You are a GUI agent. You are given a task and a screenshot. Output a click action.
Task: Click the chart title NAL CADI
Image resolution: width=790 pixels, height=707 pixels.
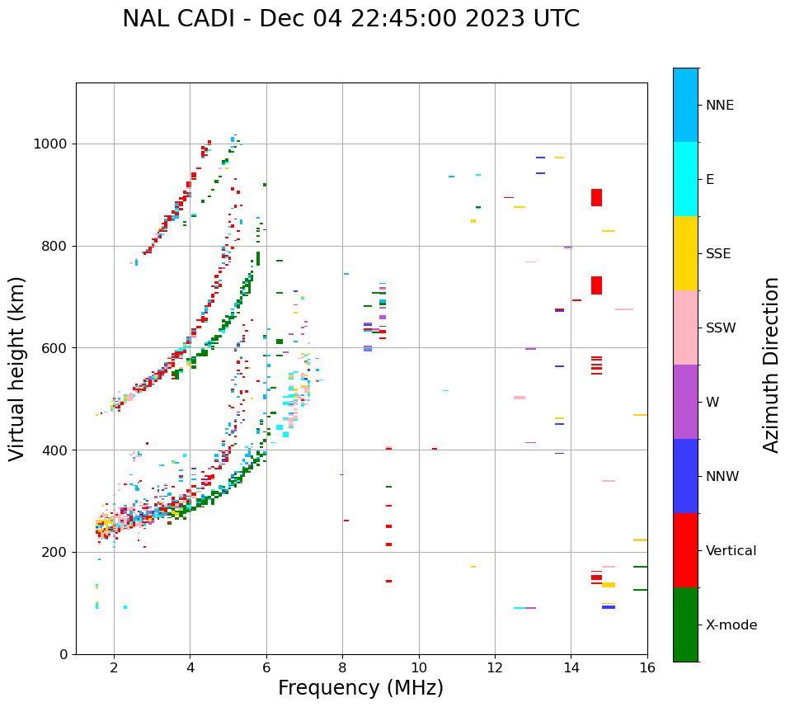[x=350, y=19]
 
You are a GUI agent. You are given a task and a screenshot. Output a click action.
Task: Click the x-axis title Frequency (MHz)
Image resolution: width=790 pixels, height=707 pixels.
[x=360, y=688]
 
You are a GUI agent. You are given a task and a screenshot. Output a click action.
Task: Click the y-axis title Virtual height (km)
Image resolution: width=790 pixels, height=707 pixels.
[x=17, y=368]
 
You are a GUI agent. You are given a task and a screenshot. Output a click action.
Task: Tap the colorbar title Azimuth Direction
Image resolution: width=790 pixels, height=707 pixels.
[x=771, y=365]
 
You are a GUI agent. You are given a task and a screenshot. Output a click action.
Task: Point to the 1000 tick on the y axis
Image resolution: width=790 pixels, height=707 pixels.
[x=54, y=144]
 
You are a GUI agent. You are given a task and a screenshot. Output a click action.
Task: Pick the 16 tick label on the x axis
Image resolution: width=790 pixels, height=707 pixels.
[x=647, y=667]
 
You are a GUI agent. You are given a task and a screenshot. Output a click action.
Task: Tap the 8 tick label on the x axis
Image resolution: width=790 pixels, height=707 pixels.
[x=342, y=667]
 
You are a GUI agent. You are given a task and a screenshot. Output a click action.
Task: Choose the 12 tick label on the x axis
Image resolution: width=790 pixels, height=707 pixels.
[x=495, y=667]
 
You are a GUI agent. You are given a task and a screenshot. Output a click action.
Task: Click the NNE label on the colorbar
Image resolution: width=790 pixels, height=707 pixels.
[x=719, y=106]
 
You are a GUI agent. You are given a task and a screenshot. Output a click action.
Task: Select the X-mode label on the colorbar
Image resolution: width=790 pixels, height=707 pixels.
[x=731, y=625]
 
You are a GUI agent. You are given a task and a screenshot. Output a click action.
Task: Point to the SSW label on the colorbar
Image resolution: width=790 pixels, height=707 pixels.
[x=721, y=328]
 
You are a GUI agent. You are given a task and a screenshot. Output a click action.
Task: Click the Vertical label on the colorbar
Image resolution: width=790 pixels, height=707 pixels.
[x=731, y=551]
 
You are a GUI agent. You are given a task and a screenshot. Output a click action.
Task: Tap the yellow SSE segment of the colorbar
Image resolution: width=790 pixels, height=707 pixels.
[x=685, y=253]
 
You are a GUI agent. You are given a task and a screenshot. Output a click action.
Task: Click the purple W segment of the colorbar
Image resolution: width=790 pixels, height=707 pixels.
[x=685, y=402]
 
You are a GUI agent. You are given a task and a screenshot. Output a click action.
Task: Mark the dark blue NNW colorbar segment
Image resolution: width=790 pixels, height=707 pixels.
[x=685, y=476]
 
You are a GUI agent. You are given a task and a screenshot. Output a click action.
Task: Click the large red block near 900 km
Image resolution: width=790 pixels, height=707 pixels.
[x=596, y=198]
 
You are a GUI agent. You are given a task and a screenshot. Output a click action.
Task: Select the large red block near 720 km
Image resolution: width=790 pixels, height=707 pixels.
[x=596, y=285]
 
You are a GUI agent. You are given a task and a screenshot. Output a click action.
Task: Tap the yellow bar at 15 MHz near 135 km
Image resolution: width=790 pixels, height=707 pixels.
[x=609, y=585]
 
